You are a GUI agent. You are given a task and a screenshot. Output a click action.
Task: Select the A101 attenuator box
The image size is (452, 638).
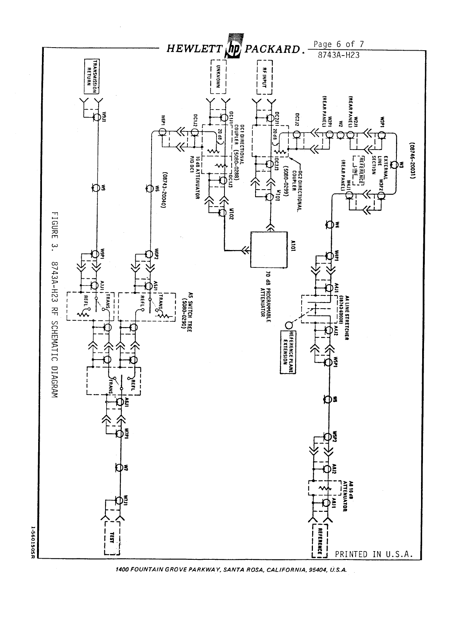269,249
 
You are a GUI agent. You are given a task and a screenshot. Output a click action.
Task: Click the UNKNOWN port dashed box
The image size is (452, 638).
218,76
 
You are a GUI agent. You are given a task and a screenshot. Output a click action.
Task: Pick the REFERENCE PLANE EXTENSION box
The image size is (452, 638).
288,351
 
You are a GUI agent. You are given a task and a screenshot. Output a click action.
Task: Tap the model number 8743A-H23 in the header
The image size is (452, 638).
338,55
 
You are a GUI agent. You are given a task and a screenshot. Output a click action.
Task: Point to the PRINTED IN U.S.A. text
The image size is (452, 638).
373,554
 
